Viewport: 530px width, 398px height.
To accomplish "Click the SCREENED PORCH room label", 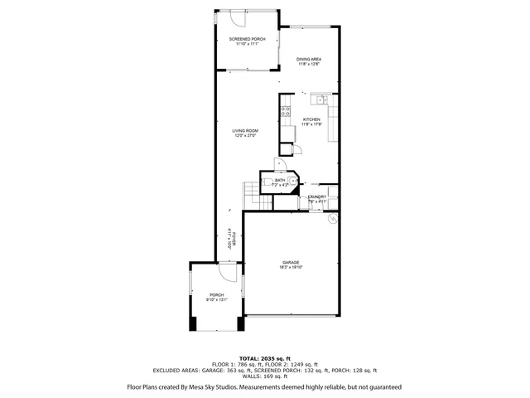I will [x=248, y=39].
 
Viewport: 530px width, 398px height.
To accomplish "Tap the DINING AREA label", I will [x=309, y=60].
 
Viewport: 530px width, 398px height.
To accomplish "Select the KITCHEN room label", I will [x=311, y=119].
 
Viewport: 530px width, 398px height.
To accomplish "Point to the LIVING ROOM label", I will [x=244, y=130].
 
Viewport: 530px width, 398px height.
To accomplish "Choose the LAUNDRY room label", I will [x=318, y=197].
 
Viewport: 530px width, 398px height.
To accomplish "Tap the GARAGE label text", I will [x=289, y=262].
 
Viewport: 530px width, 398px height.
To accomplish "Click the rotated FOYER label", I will [x=234, y=238].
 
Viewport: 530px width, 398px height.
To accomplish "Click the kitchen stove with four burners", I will [x=286, y=113].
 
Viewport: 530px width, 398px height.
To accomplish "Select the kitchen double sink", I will [x=320, y=100].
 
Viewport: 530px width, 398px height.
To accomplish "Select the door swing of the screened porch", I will [x=237, y=19].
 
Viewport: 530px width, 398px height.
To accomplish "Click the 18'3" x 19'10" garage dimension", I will [x=289, y=267].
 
